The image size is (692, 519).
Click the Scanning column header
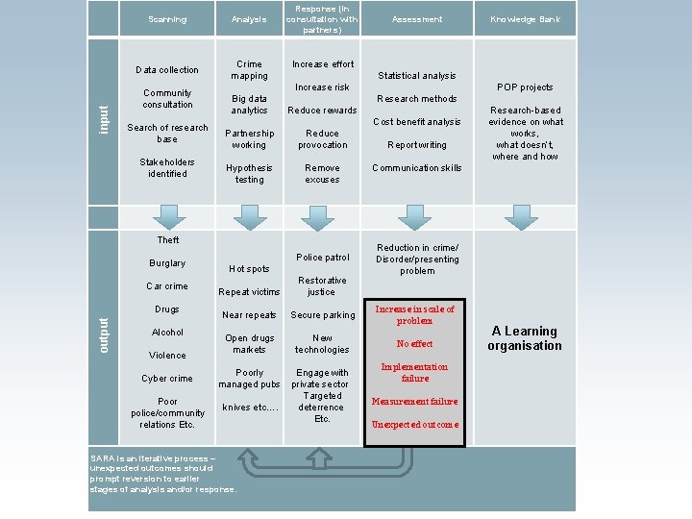pyautogui.click(x=167, y=19)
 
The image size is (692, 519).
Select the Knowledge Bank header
pyautogui.click(x=525, y=19)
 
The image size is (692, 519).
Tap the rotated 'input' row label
pyautogui.click(x=104, y=120)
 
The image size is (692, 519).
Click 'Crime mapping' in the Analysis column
pyautogui.click(x=249, y=70)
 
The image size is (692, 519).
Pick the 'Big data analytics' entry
pyautogui.click(x=249, y=104)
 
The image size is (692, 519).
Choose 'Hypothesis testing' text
pyautogui.click(x=249, y=173)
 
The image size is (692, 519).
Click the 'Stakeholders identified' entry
pyautogui.click(x=167, y=167)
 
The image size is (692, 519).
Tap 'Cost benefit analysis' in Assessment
pyautogui.click(x=417, y=122)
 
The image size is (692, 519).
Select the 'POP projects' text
pyautogui.click(x=525, y=87)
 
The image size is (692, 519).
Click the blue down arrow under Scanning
pyautogui.click(x=169, y=216)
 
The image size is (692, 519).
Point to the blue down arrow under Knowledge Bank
pyautogui.click(x=522, y=216)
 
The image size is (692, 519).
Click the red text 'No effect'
pyautogui.click(x=415, y=344)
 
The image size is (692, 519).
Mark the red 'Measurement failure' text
pyautogui.click(x=416, y=402)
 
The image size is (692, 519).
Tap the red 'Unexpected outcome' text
pyautogui.click(x=415, y=425)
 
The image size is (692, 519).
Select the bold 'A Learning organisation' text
pyautogui.click(x=525, y=338)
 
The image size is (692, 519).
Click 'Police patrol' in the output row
pyautogui.click(x=323, y=258)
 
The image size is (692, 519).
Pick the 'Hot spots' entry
pyautogui.click(x=249, y=269)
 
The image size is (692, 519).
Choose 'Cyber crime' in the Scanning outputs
pyautogui.click(x=167, y=379)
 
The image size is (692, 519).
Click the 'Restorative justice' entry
pyautogui.click(x=322, y=285)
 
